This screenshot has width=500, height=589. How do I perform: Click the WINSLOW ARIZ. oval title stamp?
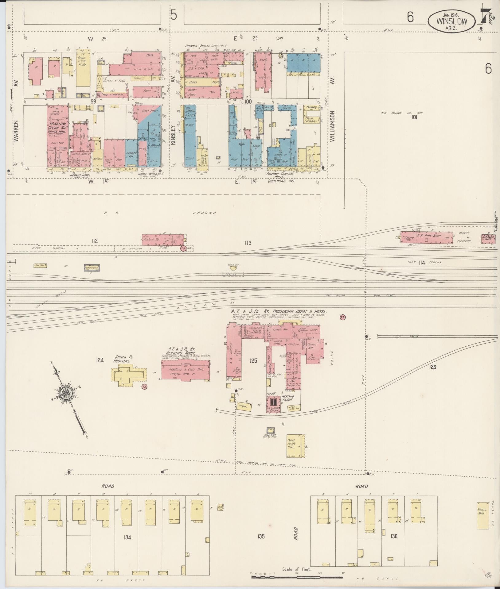pyautogui.click(x=451, y=21)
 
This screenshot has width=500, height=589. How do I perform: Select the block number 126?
pyautogui.click(x=433, y=367)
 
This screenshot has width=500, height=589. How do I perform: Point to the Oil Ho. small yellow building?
pyautogui.click(x=40, y=265)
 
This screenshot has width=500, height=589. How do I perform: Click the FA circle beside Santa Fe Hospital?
pyautogui.click(x=144, y=387)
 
